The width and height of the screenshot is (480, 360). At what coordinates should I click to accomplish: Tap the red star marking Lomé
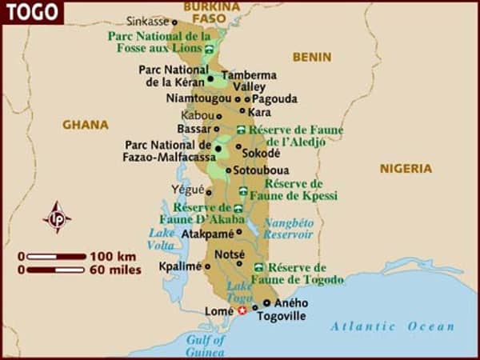click(x=242, y=310)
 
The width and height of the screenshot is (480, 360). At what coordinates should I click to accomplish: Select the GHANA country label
click(x=86, y=125)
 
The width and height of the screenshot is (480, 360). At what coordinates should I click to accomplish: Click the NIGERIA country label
click(x=406, y=169)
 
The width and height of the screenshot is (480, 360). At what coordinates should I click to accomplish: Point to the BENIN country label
click(x=311, y=57)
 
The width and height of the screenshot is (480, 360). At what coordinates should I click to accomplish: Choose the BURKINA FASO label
click(x=211, y=11)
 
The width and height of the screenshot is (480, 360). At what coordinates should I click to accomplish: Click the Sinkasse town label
click(x=147, y=22)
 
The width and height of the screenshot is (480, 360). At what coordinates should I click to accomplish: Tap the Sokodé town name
click(x=261, y=153)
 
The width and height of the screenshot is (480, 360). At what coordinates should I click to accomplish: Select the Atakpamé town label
click(x=207, y=234)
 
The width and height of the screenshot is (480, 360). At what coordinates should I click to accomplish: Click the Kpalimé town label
click(x=180, y=266)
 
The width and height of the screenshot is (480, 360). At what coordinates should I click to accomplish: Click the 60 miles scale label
click(x=114, y=270)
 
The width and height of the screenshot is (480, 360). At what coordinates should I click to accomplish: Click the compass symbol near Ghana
click(x=57, y=217)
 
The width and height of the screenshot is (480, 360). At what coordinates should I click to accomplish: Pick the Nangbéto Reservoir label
click(x=289, y=229)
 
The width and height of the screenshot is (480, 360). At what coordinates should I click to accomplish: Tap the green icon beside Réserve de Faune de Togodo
click(x=258, y=267)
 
